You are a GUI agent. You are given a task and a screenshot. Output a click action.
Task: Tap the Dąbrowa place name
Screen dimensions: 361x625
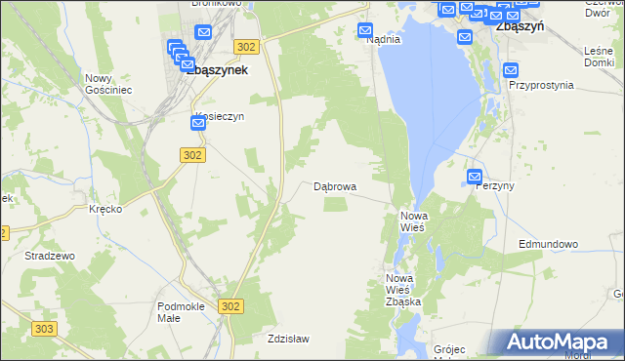tap(335, 185)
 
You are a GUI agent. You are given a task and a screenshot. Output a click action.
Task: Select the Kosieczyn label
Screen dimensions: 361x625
tap(217, 115)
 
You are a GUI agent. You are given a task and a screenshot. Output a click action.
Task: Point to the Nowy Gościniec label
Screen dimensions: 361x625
tap(107, 84)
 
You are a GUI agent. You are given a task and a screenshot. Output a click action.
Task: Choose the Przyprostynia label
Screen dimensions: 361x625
tap(541, 85)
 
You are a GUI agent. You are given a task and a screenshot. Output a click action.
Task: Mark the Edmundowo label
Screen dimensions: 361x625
tap(549, 244)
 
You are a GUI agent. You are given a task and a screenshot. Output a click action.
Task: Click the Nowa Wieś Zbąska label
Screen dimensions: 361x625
tap(403, 290)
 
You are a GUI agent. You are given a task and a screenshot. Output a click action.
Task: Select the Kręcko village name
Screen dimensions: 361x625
tap(104, 210)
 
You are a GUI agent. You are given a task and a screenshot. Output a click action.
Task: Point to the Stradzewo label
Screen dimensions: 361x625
tap(50, 256)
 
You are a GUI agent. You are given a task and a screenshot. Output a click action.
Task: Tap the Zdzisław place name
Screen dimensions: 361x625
tap(288, 339)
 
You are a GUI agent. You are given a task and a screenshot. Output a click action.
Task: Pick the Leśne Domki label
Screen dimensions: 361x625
tap(599, 57)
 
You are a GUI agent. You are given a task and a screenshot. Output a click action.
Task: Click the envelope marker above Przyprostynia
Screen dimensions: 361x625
tap(512, 69)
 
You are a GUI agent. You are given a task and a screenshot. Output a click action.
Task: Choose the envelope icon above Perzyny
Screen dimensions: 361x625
tap(475, 177)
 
